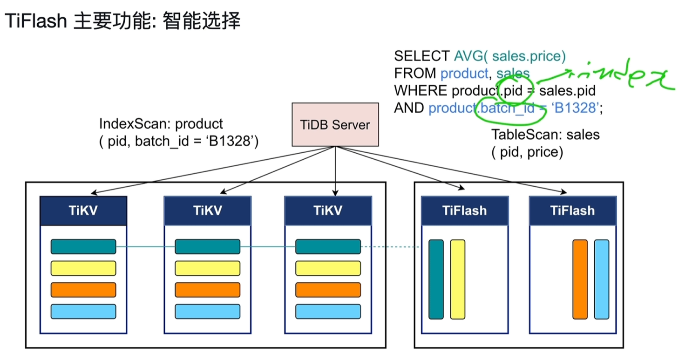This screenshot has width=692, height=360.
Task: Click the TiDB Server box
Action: pyautogui.click(x=335, y=124)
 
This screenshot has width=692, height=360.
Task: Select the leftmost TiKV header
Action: pyautogui.click(x=83, y=211)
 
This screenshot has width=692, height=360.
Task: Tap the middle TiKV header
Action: pyautogui.click(x=207, y=211)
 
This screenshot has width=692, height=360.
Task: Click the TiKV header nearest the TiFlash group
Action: pyautogui.click(x=328, y=211)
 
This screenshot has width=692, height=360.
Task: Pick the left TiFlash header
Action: pyautogui.click(x=464, y=211)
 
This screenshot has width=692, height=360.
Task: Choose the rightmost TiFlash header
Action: pyautogui.click(x=572, y=211)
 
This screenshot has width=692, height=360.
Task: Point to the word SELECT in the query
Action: pyautogui.click(x=421, y=56)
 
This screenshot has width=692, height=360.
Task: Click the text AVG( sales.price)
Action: pyautogui.click(x=510, y=56)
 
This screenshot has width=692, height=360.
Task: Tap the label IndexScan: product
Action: pyautogui.click(x=161, y=124)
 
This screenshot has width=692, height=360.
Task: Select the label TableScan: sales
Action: pyautogui.click(x=545, y=135)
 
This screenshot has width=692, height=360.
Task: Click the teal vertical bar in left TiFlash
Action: pyautogui.click(x=436, y=279)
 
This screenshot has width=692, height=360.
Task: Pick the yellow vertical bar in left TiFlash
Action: pyautogui.click(x=457, y=279)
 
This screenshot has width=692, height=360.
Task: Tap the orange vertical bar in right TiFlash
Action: pyautogui.click(x=580, y=279)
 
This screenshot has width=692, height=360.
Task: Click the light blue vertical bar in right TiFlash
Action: pyautogui.click(x=601, y=279)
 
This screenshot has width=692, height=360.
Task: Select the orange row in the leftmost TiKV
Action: pyautogui.click(x=83, y=290)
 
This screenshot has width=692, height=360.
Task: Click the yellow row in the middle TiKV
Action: pyautogui.click(x=207, y=268)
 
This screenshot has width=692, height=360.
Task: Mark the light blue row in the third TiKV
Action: pyautogui.click(x=328, y=311)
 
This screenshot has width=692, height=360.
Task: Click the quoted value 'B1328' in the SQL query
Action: pyautogui.click(x=575, y=108)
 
